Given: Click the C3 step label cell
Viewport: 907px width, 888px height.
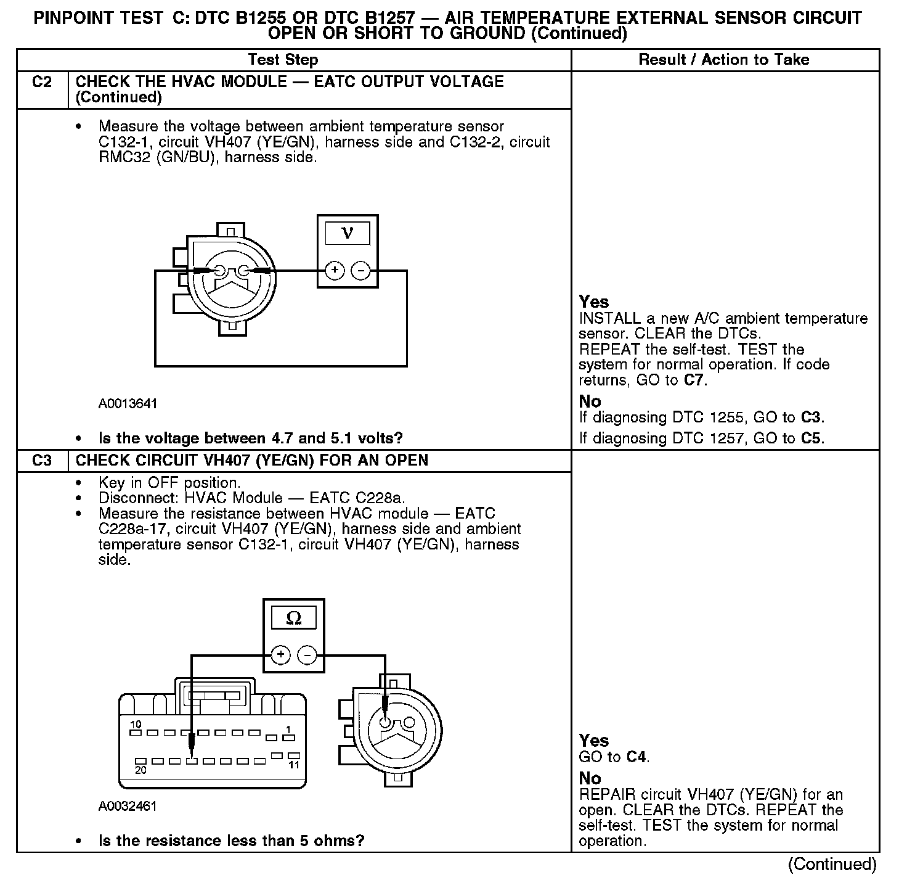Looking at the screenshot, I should (x=42, y=461).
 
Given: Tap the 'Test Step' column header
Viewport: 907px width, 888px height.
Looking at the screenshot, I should (x=283, y=60).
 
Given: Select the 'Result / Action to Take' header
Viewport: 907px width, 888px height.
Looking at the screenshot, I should (x=724, y=60).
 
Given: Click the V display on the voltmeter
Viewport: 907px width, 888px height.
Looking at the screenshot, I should (x=348, y=234).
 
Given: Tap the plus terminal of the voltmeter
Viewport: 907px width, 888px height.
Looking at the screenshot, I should (x=335, y=270).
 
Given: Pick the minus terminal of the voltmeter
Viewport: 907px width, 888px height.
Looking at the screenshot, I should (x=361, y=270).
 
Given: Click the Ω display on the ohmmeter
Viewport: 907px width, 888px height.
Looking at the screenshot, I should (x=294, y=618).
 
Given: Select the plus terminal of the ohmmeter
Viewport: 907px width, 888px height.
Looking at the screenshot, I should (x=280, y=655).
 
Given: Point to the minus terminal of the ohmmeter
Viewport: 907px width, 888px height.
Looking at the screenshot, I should (x=307, y=655).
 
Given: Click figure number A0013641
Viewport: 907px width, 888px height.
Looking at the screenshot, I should (x=128, y=404).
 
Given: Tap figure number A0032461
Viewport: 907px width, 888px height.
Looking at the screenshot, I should (x=128, y=806).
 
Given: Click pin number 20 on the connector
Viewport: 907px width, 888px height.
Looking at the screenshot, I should (x=140, y=771).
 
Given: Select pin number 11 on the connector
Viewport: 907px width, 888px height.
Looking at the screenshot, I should (x=294, y=765).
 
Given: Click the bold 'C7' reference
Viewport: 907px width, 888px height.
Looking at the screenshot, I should (x=694, y=380).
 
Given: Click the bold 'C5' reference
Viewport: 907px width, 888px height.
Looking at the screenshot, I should (x=811, y=438).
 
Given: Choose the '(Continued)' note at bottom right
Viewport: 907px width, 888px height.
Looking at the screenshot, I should (x=832, y=864).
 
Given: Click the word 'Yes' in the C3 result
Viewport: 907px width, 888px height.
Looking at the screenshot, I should (x=594, y=741).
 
